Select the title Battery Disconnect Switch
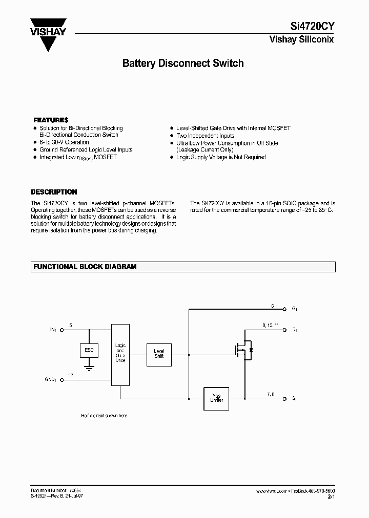tap(182, 63)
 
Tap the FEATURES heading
tap(50, 120)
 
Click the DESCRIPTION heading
tap(54, 192)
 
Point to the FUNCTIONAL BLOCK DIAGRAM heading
tap(85, 267)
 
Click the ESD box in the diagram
tap(89, 351)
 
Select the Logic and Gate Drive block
tap(120, 354)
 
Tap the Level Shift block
tap(159, 353)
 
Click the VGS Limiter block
tap(216, 398)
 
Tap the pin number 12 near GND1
tap(71, 376)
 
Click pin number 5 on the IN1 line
tap(71, 325)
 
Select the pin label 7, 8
tap(271, 394)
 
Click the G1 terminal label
tap(295, 309)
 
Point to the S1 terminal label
tap(294, 398)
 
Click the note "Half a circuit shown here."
tap(105, 416)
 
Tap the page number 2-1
tap(331, 497)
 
